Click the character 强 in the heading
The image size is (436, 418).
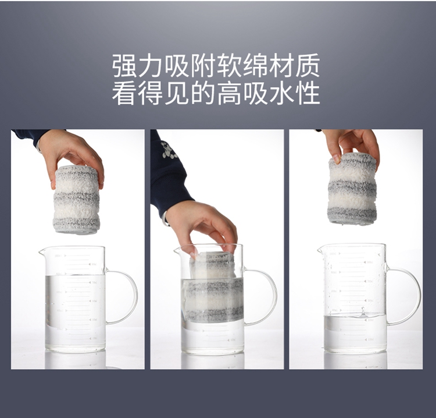[x=124, y=66]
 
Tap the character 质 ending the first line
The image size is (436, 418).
[x=307, y=66]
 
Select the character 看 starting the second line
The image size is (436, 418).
[x=124, y=93]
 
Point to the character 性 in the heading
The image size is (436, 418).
[x=307, y=93]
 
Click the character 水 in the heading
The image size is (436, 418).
[x=281, y=93]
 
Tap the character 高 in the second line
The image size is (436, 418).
[x=229, y=93]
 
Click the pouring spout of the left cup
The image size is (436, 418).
[x=42, y=253]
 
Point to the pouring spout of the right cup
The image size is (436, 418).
[x=320, y=250]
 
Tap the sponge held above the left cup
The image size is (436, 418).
[x=77, y=199]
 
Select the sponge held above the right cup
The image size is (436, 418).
[x=352, y=189]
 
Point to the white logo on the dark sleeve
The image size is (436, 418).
[x=169, y=151]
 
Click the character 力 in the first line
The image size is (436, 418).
[x=151, y=66]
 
